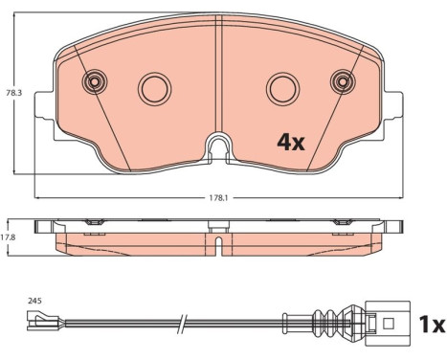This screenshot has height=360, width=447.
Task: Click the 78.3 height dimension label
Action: (13, 93)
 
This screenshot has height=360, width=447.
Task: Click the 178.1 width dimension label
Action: (218, 198)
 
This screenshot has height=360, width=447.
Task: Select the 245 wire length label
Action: (34, 301)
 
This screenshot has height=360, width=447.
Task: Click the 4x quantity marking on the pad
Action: (291, 143)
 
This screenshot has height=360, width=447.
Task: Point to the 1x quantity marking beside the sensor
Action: (432, 325)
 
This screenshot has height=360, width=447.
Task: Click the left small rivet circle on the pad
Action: (95, 81)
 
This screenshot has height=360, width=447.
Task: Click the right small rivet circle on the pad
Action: (343, 81)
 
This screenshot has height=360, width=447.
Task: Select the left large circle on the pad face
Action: (155, 89)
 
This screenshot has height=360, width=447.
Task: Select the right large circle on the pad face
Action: (283, 89)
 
